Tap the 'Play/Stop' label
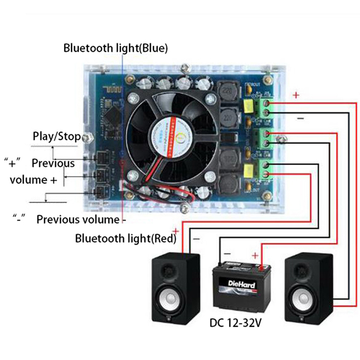point(57,136)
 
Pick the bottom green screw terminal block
point(265,170)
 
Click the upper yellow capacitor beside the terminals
point(248,105)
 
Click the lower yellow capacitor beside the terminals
point(248,171)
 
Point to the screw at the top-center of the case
point(184,69)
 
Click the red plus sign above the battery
point(255,256)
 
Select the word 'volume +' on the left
point(34,180)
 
